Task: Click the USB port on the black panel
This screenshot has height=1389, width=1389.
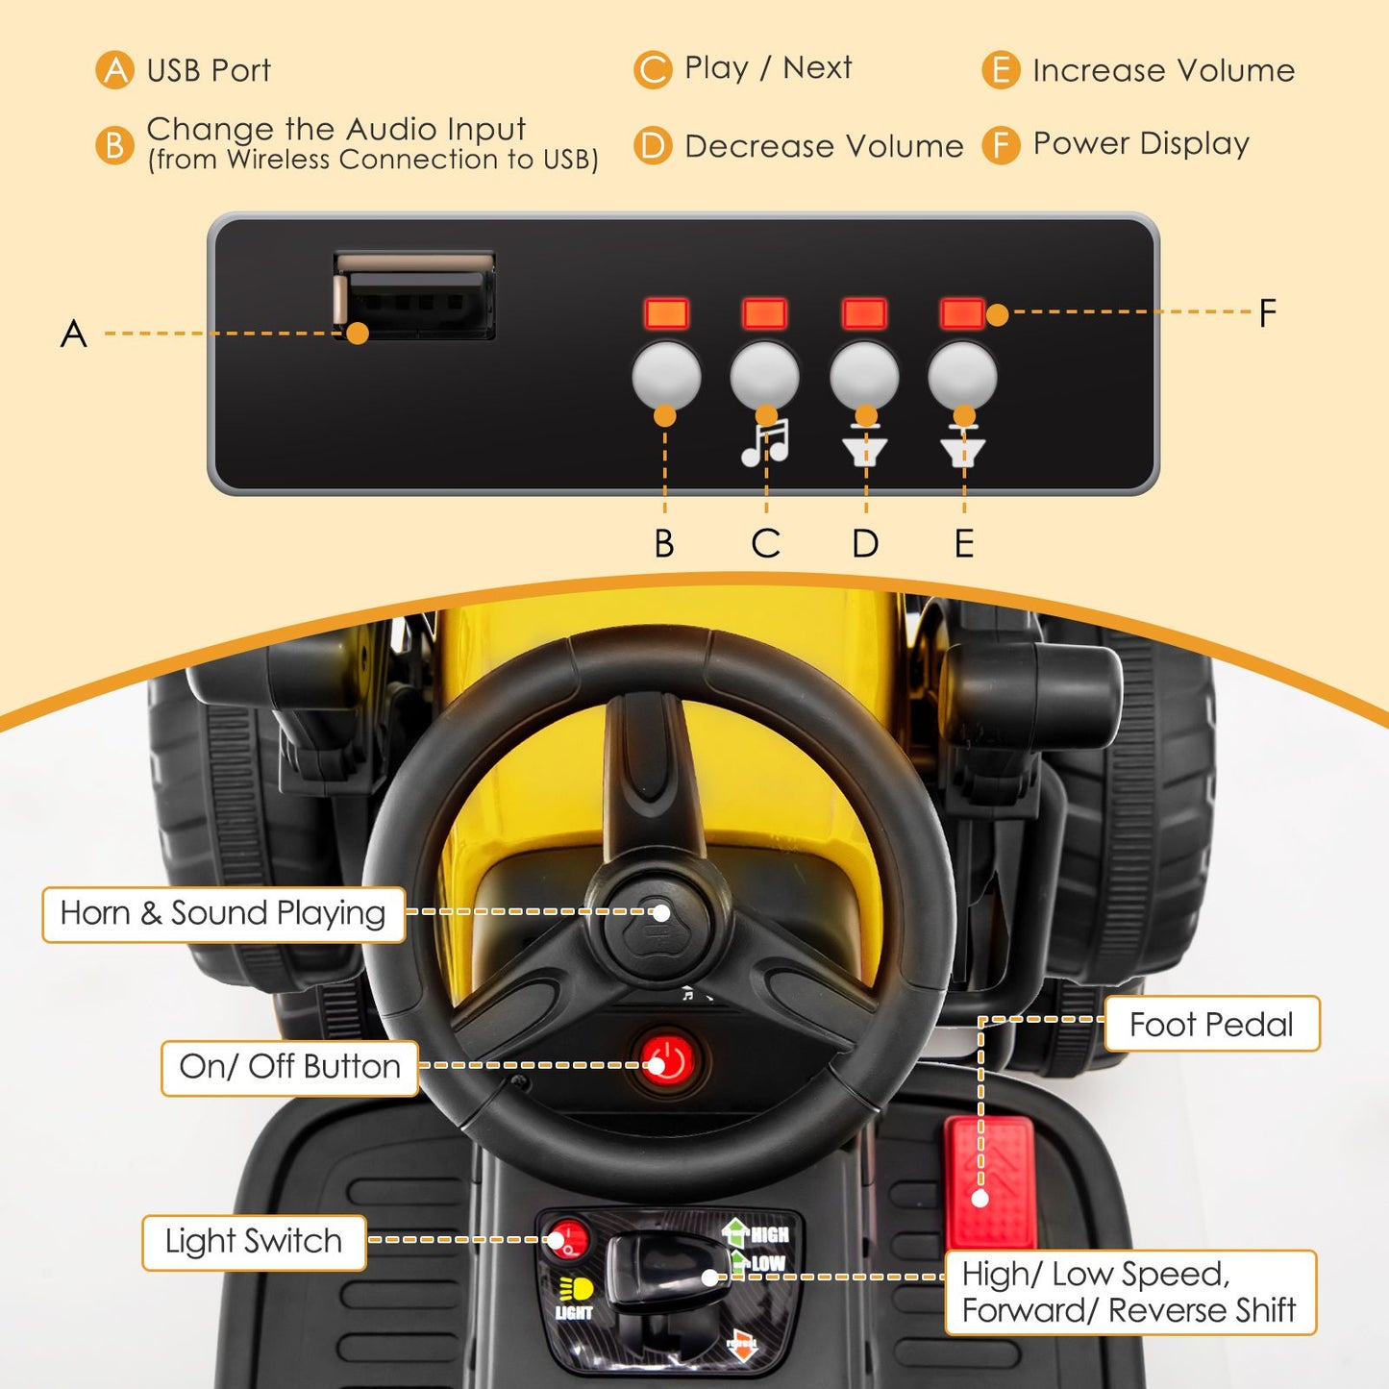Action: [414, 296]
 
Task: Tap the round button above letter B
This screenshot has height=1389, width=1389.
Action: [665, 375]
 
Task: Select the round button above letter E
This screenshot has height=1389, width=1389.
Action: [962, 375]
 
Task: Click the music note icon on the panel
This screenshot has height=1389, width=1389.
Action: [765, 443]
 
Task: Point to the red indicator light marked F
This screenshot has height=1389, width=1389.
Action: [961, 313]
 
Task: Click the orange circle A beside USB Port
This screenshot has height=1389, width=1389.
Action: [115, 70]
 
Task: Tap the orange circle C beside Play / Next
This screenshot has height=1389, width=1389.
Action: [653, 70]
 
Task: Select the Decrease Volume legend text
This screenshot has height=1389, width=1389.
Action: [824, 146]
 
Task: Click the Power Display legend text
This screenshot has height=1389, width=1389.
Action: [1141, 144]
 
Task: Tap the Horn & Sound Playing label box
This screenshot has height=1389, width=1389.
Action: [223, 914]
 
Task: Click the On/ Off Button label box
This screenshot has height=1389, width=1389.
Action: [289, 1067]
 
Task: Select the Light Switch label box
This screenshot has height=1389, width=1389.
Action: [254, 1242]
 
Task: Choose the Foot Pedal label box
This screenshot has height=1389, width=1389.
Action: [1211, 1025]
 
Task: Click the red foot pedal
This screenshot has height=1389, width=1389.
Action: [990, 1181]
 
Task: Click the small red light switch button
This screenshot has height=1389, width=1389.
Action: [568, 1239]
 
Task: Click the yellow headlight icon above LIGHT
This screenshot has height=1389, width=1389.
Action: [575, 1289]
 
